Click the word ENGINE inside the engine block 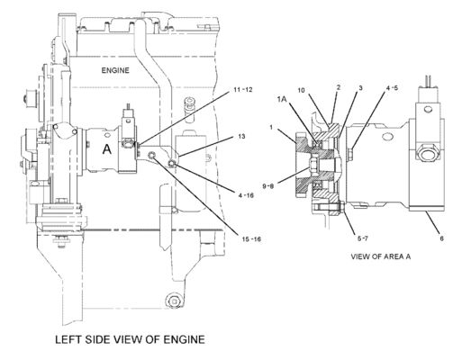pyautogui.click(x=115, y=70)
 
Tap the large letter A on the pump pyautogui.click(x=107, y=149)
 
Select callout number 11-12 pyautogui.click(x=243, y=90)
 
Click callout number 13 pyautogui.click(x=241, y=137)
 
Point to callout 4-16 pyautogui.click(x=246, y=195)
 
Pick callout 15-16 pyautogui.click(x=251, y=239)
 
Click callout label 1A pyautogui.click(x=282, y=99)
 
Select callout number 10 pyautogui.click(x=301, y=90)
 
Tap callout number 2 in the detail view pyautogui.click(x=339, y=87)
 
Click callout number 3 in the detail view pyautogui.click(x=360, y=88)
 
